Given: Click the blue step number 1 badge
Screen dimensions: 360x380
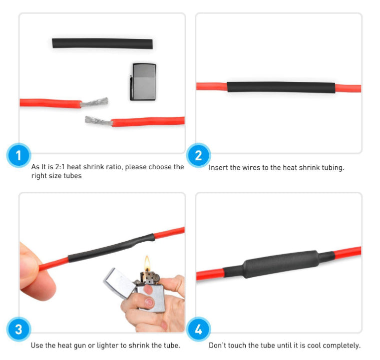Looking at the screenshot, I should coord(19,156).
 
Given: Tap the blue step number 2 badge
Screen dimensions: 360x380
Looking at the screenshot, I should coord(198,156).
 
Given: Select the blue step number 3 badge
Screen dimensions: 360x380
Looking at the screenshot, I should coord(19,330).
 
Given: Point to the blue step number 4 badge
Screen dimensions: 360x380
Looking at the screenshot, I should coord(198,330).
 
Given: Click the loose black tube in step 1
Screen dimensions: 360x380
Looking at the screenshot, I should coord(102,43).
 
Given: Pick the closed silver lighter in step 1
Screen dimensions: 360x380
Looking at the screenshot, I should coord(143,81).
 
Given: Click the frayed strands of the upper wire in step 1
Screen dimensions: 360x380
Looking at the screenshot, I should coord(95,102).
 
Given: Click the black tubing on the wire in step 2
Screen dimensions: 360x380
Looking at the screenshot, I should coord(281,87).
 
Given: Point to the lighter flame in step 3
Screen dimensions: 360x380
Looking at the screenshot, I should coord(147,263).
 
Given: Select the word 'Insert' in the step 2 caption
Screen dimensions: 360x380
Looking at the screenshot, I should coord(218,168).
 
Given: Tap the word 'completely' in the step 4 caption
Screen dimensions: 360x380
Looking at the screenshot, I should coord(341,346).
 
